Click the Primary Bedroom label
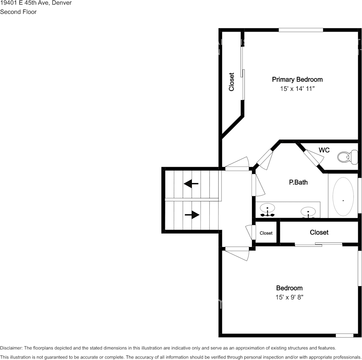[x=297, y=80]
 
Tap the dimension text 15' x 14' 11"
[x=297, y=89]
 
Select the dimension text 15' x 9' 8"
[x=289, y=297]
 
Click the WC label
[x=324, y=150]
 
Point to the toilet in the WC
[x=348, y=157]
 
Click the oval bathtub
[x=343, y=196]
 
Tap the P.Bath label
[x=298, y=182]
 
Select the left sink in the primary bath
[x=267, y=210]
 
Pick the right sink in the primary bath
[x=308, y=212]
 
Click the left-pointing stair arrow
[x=191, y=184]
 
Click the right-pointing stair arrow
[x=192, y=215]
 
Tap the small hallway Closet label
[x=266, y=233]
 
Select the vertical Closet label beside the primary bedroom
[x=231, y=82]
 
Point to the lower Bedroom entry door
[x=237, y=253]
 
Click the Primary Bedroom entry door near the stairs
[x=237, y=164]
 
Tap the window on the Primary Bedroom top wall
[x=301, y=30]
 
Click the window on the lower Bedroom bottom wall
[x=344, y=336]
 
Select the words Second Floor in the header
[x=18, y=12]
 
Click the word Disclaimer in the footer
[x=11, y=348]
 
